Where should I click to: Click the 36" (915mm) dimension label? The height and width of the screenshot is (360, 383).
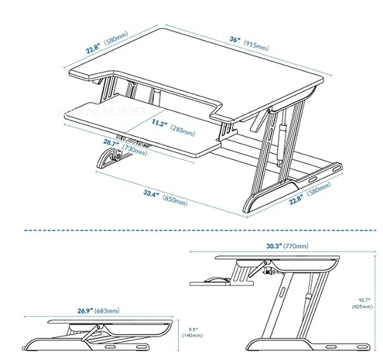pos(248,43)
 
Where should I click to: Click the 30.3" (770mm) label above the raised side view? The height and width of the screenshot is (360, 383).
pos(287,247)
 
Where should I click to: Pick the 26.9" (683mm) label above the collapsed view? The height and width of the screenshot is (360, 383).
pos(98,311)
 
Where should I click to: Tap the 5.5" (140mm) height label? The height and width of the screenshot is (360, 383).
pos(192,332)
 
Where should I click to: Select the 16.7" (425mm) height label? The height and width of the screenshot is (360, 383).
pos(362,303)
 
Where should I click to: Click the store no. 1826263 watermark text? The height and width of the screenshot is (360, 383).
pos(101,112)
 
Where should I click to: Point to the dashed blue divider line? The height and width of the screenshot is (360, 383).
pos(201,230)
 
